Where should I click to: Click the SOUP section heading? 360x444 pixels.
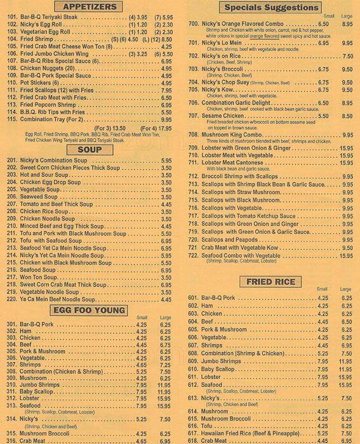click(90, 150)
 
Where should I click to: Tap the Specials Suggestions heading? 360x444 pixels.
click(271, 8)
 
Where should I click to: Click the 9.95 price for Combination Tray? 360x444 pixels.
click(166, 119)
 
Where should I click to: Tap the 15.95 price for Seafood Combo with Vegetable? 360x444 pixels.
click(346, 255)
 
